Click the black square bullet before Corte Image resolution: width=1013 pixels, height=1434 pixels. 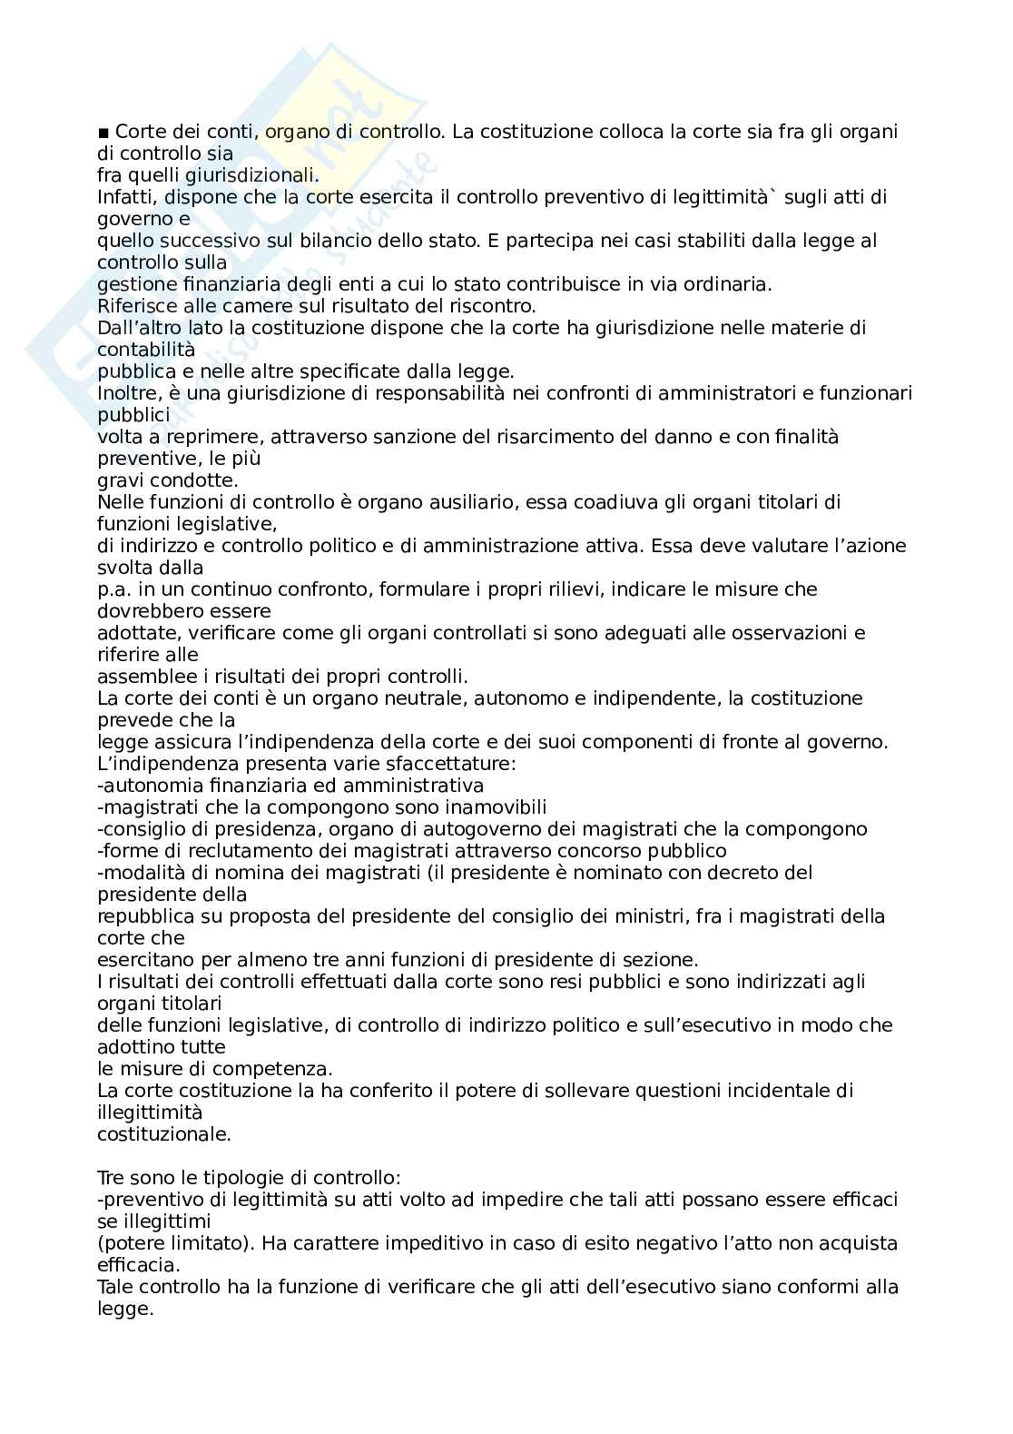(x=103, y=133)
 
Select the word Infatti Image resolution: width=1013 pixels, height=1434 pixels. (x=123, y=197)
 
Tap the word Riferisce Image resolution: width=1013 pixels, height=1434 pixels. (x=133, y=306)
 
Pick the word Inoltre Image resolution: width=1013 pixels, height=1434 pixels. (x=126, y=393)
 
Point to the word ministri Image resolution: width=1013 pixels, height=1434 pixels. (x=646, y=916)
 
